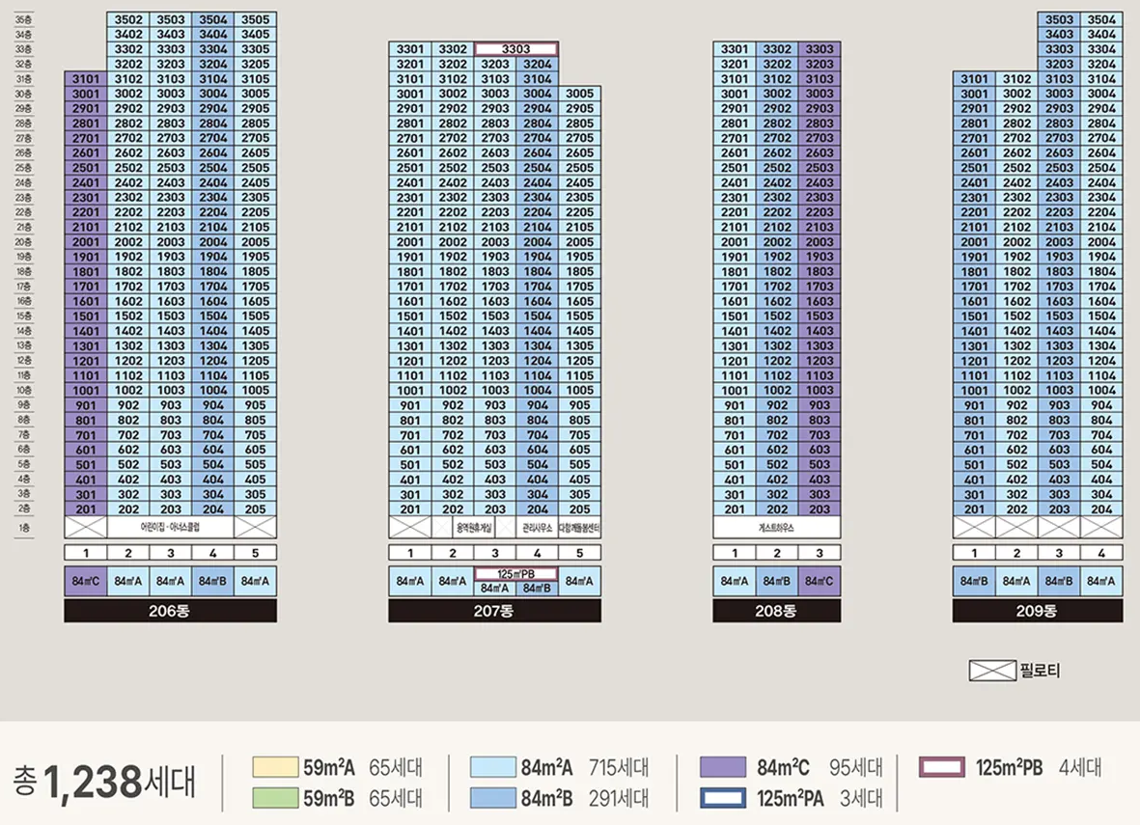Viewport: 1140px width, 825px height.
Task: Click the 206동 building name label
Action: click(170, 611)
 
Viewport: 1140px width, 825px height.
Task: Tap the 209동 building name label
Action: click(1037, 611)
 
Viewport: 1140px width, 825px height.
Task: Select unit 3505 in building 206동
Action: click(256, 19)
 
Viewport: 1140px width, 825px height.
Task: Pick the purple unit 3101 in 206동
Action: click(86, 79)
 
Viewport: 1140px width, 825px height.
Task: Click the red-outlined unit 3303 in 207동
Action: click(515, 49)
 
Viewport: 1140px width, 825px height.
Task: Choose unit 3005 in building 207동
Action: click(580, 94)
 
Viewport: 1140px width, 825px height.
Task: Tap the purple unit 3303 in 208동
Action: click(820, 49)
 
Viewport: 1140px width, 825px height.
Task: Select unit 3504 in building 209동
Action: click(1101, 19)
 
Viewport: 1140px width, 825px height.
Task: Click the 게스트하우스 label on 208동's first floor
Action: click(776, 529)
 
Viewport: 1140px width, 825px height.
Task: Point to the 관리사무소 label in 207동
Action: click(538, 529)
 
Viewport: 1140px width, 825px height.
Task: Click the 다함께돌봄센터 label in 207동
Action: click(580, 529)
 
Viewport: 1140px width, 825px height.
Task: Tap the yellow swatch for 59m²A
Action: click(275, 767)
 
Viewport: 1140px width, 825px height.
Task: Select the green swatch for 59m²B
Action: click(275, 798)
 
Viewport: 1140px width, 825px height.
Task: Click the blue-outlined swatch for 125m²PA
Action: click(722, 798)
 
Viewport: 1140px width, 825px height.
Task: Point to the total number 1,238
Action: click(93, 780)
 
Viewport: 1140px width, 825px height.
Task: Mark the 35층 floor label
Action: click(24, 19)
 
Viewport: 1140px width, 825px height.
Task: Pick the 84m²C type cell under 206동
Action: click(86, 581)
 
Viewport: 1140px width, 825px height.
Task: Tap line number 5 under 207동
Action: click(580, 553)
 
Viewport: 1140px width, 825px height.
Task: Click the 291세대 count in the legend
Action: click(619, 798)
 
